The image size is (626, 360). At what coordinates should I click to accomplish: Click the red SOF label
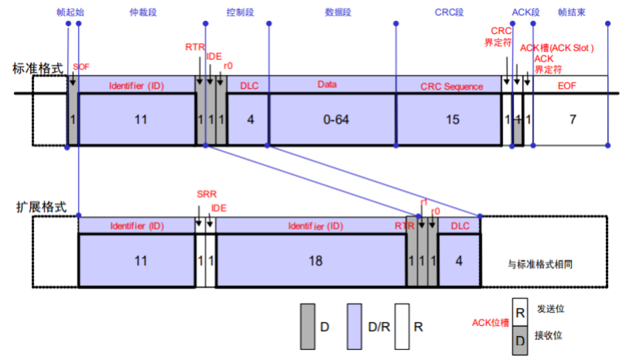coord(81,67)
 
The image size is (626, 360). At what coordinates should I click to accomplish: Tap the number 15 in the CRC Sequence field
coord(452,119)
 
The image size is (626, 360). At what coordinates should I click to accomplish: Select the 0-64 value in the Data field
coord(333,119)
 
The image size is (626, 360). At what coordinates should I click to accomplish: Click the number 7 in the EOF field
coord(572,119)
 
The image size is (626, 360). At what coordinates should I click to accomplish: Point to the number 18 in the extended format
coord(314,261)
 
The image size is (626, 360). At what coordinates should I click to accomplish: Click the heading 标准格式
coord(37,68)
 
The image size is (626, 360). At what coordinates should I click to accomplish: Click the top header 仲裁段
coord(138,13)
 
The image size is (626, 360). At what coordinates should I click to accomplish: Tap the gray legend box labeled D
coord(307,326)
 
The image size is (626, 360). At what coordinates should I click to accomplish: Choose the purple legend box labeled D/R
coord(356,326)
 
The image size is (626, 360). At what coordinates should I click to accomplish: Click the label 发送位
coord(550,308)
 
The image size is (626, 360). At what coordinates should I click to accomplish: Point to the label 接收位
coord(550,335)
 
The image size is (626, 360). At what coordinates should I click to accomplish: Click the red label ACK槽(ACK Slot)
coord(556,47)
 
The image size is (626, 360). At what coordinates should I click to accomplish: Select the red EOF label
coord(567,85)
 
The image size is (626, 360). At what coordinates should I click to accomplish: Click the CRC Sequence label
coord(452,86)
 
